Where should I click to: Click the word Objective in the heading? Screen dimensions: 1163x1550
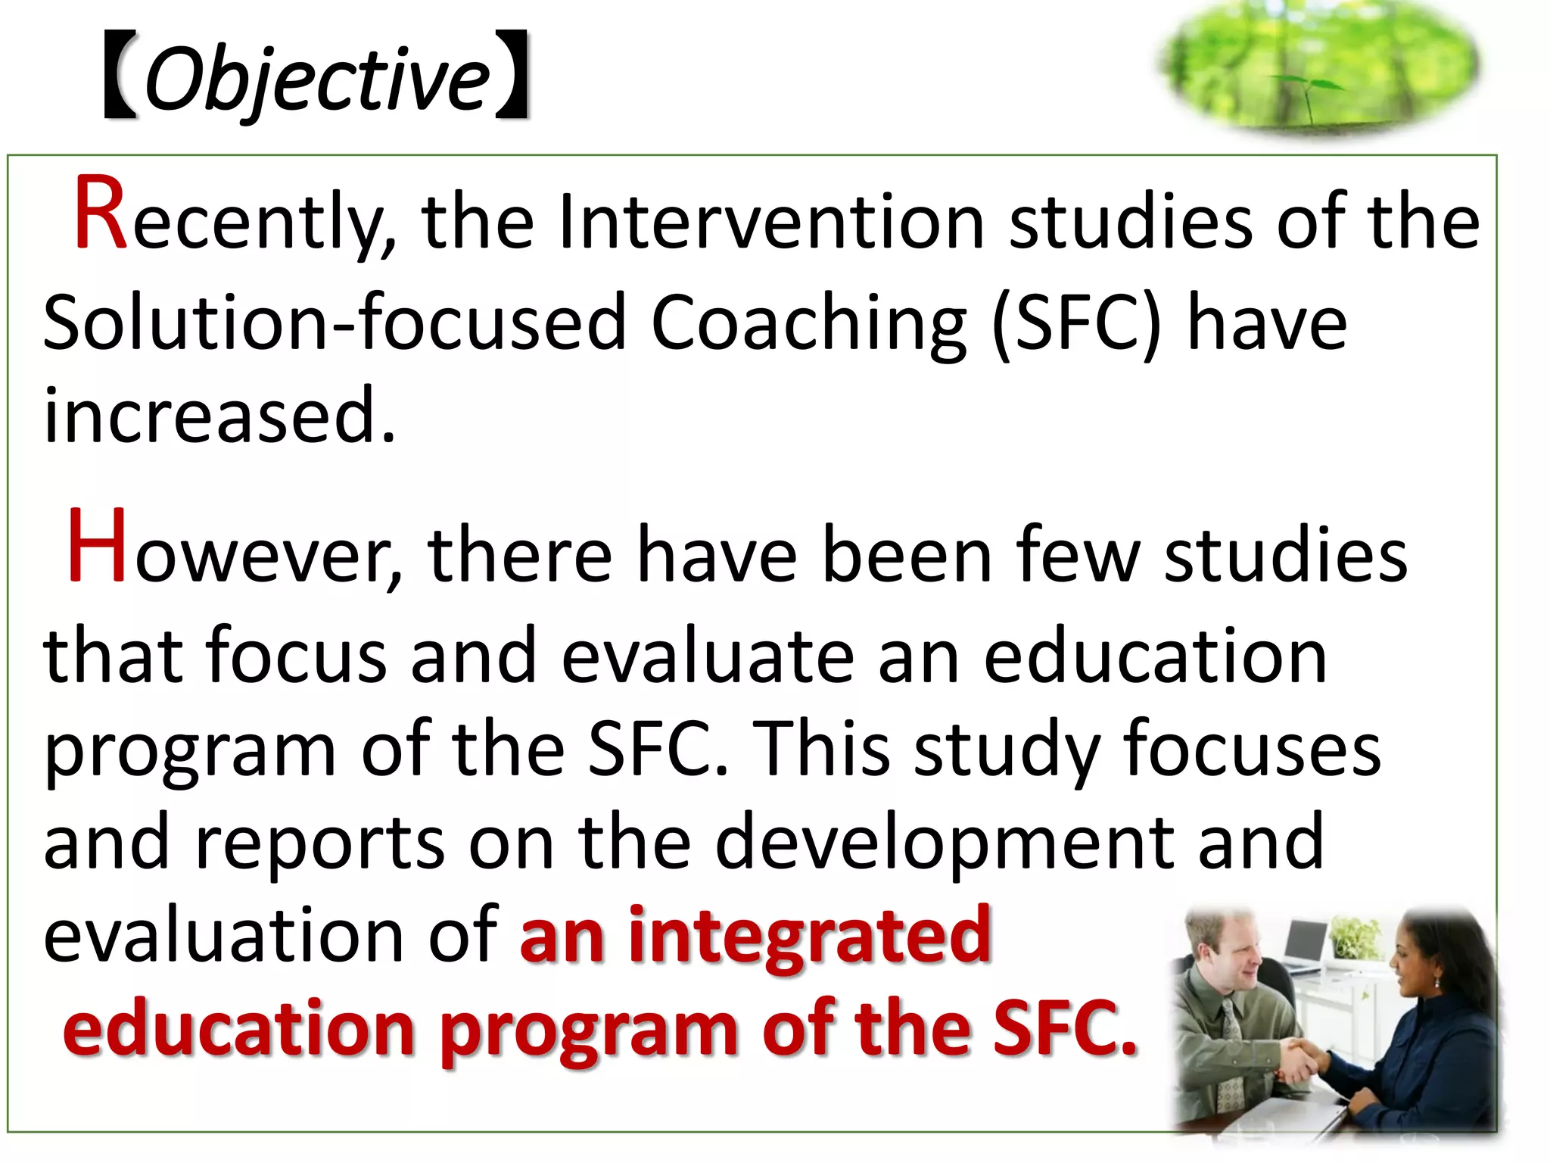317,79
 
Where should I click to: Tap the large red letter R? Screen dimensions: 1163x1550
101,214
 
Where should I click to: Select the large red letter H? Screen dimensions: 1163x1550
97,547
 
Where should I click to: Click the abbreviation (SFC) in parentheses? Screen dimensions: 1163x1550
1075,324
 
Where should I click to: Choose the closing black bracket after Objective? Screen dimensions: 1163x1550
512,76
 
